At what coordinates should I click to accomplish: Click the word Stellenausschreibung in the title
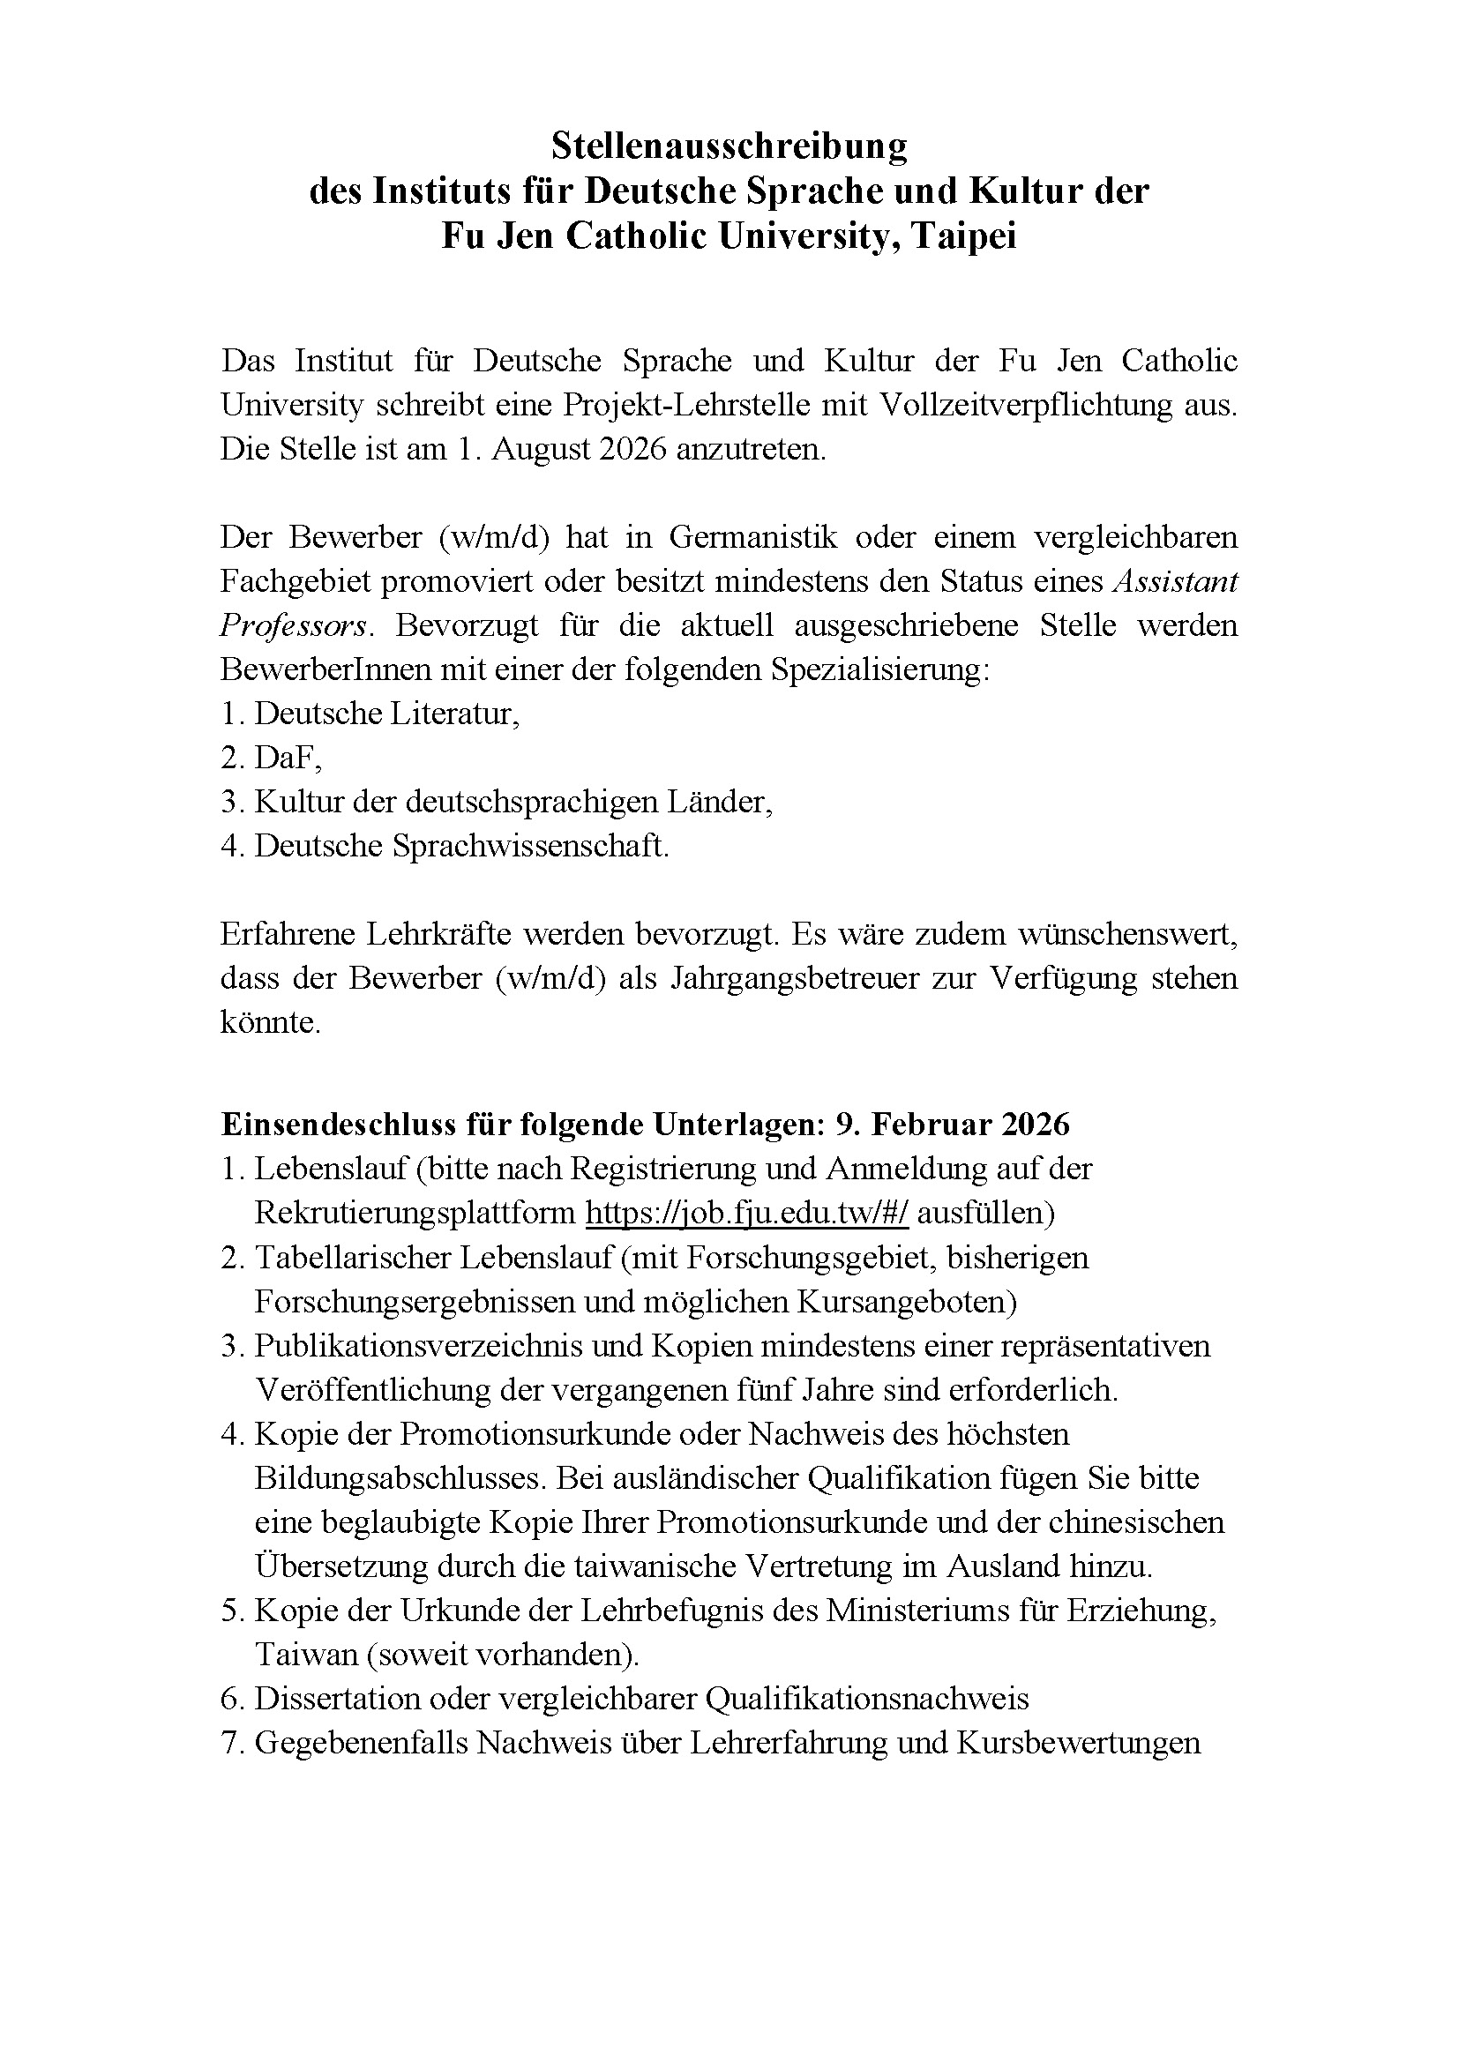click(x=729, y=146)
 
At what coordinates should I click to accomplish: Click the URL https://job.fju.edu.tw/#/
click(x=746, y=1213)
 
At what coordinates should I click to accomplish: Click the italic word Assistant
click(x=1175, y=581)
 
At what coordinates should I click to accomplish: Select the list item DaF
click(x=286, y=759)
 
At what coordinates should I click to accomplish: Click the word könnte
click(x=270, y=1022)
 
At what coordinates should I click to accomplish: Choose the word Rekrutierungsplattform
click(x=415, y=1213)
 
